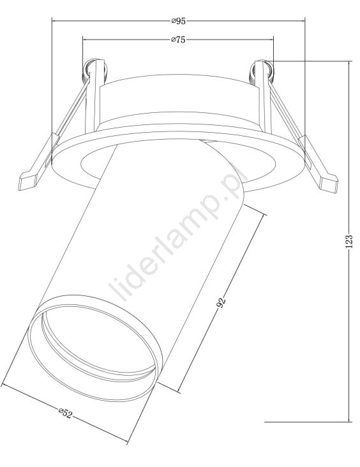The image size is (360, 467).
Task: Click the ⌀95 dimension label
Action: (x=178, y=21)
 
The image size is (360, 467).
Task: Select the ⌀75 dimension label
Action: (x=178, y=40)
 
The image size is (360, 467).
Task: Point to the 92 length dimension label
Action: (x=221, y=302)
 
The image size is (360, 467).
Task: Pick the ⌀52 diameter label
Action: (x=65, y=413)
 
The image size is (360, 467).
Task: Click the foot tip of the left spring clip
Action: (x=27, y=181)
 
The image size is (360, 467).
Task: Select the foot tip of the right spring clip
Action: (x=329, y=184)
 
